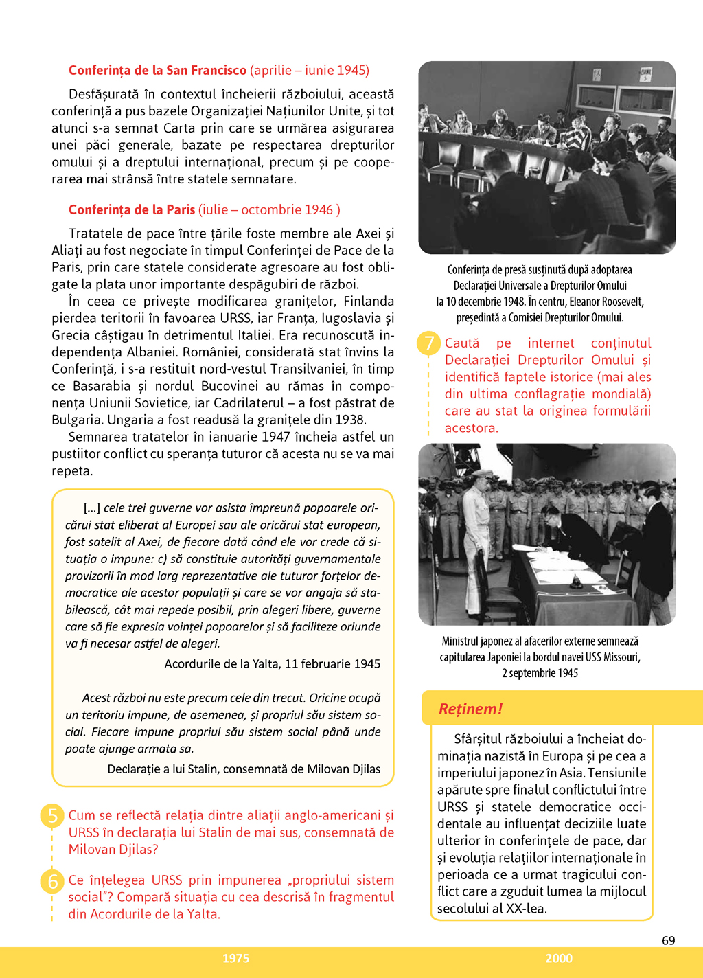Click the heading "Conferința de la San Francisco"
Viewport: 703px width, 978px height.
point(157,70)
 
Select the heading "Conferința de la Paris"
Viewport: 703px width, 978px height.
point(132,209)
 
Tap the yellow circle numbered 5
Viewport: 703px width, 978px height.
point(52,815)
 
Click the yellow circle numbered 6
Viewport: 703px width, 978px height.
point(52,880)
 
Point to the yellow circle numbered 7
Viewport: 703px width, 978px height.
point(429,343)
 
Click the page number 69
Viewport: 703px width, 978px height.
point(668,940)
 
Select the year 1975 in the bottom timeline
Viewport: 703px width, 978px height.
point(235,958)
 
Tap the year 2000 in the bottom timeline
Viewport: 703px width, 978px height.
point(558,958)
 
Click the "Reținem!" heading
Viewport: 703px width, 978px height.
point(471,709)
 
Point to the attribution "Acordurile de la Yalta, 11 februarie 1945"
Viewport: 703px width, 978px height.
point(272,663)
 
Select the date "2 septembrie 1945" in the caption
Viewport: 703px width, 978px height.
point(540,673)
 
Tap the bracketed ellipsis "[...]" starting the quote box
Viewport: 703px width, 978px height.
point(92,508)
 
